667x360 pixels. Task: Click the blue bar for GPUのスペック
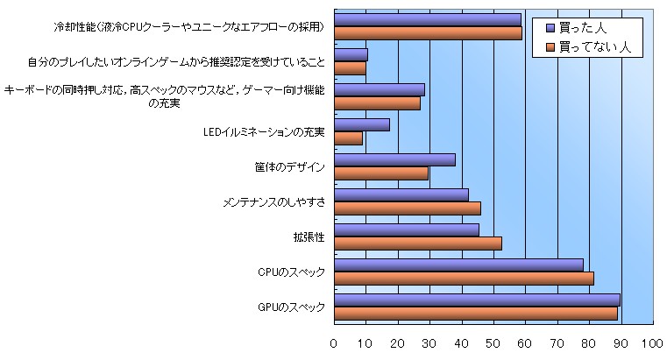pyautogui.click(x=478, y=300)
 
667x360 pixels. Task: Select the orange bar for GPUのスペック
pyautogui.click(x=476, y=313)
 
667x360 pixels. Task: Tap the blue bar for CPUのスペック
pyautogui.click(x=458, y=265)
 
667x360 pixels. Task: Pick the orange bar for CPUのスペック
pyautogui.click(x=464, y=278)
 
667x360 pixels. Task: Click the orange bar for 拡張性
pyautogui.click(x=418, y=243)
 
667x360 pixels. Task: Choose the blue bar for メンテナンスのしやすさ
pyautogui.click(x=401, y=194)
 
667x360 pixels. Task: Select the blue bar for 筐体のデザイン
pyautogui.click(x=394, y=159)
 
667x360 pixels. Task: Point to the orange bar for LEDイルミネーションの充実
pyautogui.click(x=348, y=138)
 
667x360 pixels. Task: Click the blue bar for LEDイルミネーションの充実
pyautogui.click(x=362, y=124)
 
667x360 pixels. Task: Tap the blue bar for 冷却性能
pyautogui.click(x=428, y=19)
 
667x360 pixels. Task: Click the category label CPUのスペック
pyautogui.click(x=292, y=272)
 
